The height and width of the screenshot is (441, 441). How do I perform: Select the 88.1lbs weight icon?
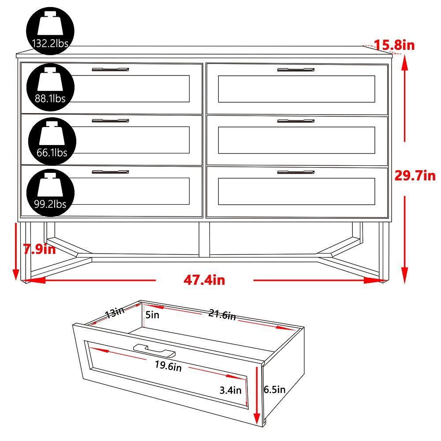click(50, 85)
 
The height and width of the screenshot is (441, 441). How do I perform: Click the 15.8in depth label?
click(394, 45)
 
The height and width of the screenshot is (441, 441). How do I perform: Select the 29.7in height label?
click(415, 176)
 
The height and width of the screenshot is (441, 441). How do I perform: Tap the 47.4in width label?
click(204, 280)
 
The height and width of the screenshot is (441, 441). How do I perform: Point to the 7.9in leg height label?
click(40, 250)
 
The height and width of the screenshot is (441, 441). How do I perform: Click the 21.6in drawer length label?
click(222, 315)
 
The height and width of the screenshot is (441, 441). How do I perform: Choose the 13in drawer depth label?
click(114, 314)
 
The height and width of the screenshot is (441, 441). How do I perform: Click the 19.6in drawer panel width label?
click(168, 366)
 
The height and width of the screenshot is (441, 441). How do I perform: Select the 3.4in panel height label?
click(231, 390)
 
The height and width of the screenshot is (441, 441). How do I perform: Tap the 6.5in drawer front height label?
click(274, 389)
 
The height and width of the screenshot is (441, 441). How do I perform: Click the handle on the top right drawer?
click(295, 70)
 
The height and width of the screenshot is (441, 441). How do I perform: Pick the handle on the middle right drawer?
click(295, 121)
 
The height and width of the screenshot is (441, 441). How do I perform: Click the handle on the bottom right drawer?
click(295, 172)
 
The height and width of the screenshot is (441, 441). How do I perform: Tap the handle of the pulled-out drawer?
click(154, 350)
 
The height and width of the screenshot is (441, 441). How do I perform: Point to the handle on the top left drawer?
click(110, 70)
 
